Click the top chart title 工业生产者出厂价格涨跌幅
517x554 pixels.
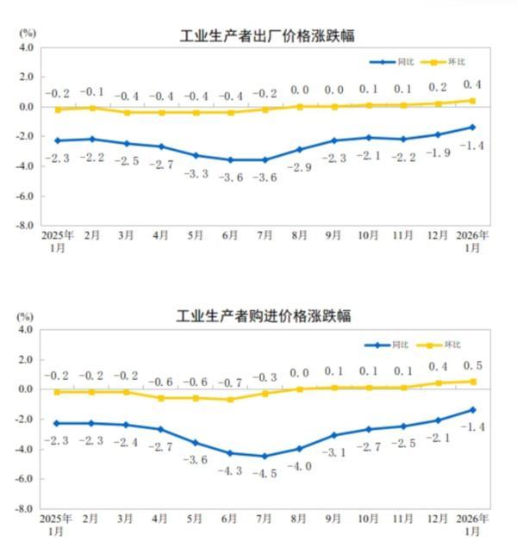coord(267,35)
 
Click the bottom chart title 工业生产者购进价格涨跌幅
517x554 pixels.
coord(264,316)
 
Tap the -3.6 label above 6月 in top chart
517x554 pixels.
coord(230,177)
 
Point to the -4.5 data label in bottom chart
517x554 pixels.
coord(265,472)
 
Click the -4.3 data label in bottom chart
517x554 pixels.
coord(230,470)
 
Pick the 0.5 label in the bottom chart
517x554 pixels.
coord(472,366)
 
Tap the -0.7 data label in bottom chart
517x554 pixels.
coord(230,382)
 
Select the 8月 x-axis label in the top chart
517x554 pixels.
coord(299,235)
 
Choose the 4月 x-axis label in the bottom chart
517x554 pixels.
coord(160,520)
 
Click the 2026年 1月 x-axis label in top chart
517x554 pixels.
coord(472,240)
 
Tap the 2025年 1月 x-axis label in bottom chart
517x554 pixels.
coord(57,525)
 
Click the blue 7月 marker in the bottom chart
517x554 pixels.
coord(265,456)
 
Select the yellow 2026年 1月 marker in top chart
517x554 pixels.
coord(472,101)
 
